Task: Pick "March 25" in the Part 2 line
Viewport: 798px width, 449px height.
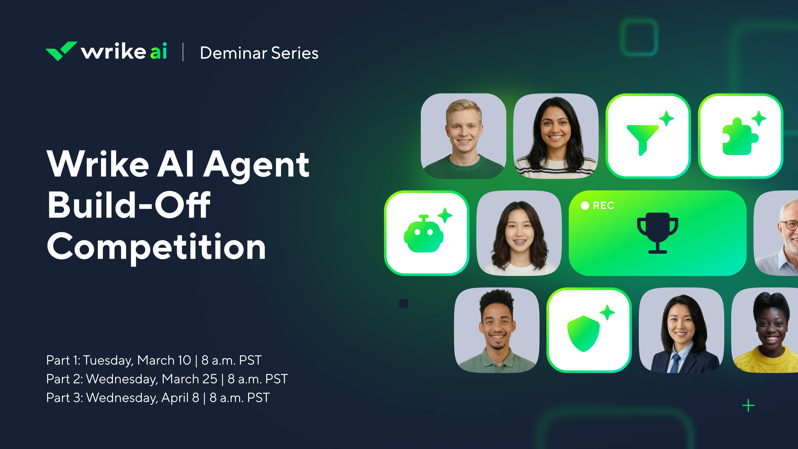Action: point(189,379)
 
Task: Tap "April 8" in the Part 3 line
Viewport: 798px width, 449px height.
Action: point(180,398)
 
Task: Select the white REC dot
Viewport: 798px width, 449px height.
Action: point(585,205)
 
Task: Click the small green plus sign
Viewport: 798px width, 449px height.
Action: point(748,405)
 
